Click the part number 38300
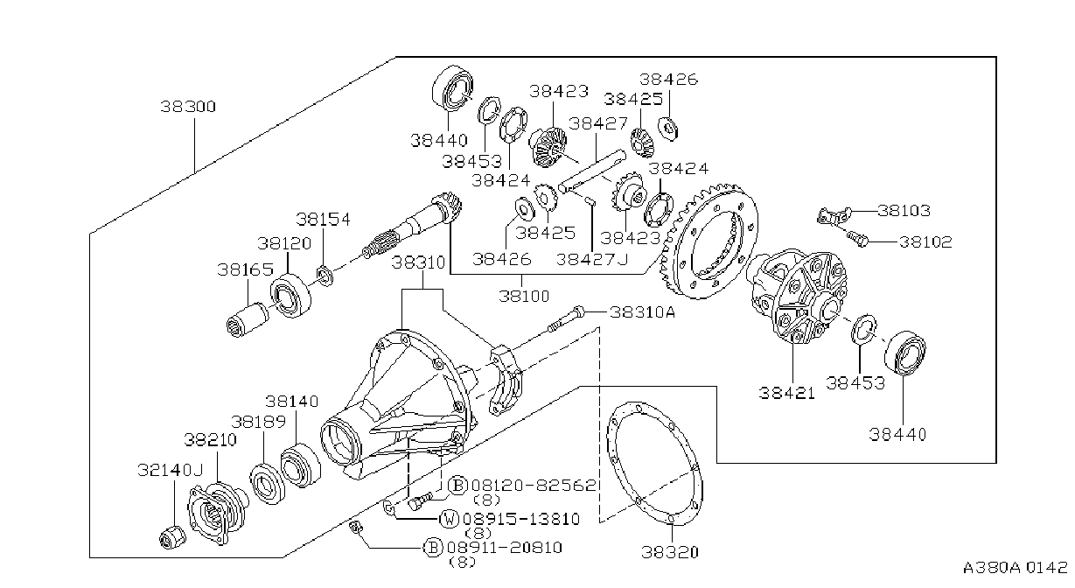[188, 107]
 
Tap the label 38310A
[642, 312]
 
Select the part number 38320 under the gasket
[670, 552]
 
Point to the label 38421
[787, 393]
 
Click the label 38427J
[592, 260]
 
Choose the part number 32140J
[171, 470]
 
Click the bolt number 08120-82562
[534, 486]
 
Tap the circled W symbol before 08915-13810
[450, 519]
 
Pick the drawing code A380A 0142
[1015, 568]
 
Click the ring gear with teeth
[709, 240]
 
